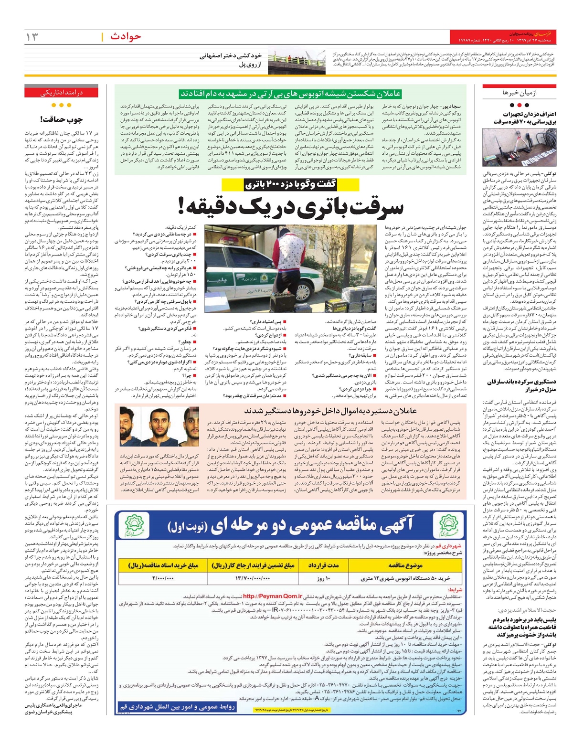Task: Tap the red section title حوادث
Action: click(126, 36)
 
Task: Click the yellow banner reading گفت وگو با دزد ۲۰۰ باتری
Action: click(290, 184)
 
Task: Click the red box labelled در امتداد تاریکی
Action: click(61, 92)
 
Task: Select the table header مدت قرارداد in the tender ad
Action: click(323, 565)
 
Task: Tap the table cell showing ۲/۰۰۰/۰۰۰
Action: click(163, 578)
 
